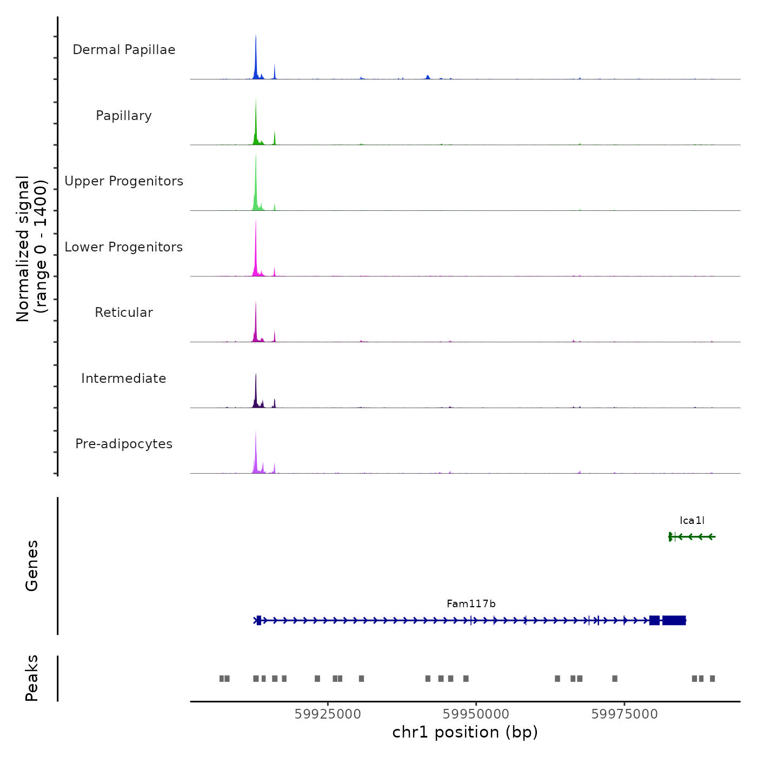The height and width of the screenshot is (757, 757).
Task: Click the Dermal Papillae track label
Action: pyautogui.click(x=124, y=50)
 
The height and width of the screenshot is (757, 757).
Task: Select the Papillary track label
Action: pyautogui.click(x=124, y=116)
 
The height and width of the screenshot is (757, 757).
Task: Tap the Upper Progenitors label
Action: pyautogui.click(x=124, y=181)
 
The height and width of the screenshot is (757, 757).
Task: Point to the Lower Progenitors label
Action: pyautogui.click(x=124, y=247)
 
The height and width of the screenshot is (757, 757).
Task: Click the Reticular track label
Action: pyautogui.click(x=124, y=313)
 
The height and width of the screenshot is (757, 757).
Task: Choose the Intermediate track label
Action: pyautogui.click(x=124, y=378)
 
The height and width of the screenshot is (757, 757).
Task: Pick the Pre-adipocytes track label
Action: pyautogui.click(x=124, y=444)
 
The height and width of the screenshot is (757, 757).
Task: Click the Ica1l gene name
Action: pyautogui.click(x=692, y=521)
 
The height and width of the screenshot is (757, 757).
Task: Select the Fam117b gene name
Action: pyautogui.click(x=471, y=604)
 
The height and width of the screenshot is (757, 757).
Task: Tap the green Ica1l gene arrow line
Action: pyautogui.click(x=695, y=537)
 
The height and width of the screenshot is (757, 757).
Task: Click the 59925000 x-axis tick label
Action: pyautogui.click(x=328, y=714)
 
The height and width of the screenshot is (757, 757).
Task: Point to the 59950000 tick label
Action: pyautogui.click(x=476, y=714)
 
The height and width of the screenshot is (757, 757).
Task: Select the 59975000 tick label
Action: pyautogui.click(x=625, y=714)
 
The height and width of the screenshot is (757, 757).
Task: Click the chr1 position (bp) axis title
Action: pyautogui.click(x=465, y=733)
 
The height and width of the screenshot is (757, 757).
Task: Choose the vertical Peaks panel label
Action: pyautogui.click(x=32, y=678)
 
